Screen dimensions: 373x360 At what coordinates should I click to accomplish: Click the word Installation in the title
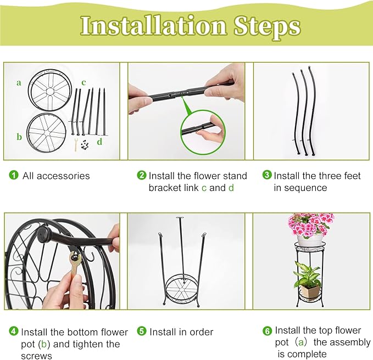(x=153, y=26)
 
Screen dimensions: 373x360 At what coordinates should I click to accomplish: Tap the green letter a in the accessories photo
(x=19, y=83)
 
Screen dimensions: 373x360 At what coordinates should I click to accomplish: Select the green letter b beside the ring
(x=19, y=137)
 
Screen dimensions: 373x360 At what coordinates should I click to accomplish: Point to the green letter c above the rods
(x=83, y=82)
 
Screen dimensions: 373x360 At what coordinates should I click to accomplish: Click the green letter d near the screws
(x=99, y=142)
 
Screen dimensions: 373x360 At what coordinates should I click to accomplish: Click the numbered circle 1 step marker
(x=14, y=176)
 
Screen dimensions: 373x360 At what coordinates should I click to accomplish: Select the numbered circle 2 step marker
(x=142, y=176)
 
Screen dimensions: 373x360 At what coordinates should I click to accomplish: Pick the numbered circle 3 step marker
(x=267, y=175)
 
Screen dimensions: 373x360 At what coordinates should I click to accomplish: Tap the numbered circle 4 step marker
(x=14, y=331)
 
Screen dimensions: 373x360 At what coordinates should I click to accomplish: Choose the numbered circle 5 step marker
(x=142, y=331)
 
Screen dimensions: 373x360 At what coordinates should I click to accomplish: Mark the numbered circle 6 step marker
(x=267, y=331)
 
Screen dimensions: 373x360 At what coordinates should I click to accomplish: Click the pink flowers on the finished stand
(x=310, y=224)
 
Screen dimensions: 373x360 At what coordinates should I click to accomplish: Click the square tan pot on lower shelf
(x=309, y=290)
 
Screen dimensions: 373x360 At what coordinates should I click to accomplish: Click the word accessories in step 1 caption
(x=63, y=176)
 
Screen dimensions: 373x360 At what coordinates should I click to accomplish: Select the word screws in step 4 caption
(x=36, y=356)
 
